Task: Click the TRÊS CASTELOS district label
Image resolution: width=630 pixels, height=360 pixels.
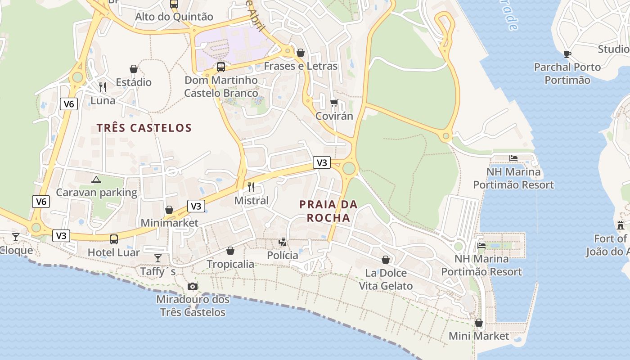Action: coord(144,128)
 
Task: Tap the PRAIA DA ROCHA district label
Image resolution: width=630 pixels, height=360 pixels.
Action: coord(328,211)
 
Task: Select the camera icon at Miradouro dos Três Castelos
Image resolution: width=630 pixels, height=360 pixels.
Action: coord(192,286)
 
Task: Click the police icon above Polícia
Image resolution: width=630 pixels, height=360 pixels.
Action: coord(283,242)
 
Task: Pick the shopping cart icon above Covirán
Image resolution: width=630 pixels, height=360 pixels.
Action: coord(334,103)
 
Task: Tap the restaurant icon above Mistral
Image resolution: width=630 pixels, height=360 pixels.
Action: coord(251,187)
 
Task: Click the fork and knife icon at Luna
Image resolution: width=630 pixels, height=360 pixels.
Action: coord(103,87)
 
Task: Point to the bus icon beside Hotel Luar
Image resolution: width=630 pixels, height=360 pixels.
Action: coord(114,239)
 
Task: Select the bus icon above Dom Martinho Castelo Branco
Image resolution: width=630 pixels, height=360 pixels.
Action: coord(220,67)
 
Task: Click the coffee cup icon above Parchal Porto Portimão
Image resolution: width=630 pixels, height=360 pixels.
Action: coord(567,54)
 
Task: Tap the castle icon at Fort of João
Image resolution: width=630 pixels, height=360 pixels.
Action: coord(621,225)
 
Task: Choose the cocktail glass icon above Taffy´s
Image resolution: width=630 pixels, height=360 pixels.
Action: coord(158,258)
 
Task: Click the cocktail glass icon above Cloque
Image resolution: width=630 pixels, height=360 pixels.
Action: coord(16,237)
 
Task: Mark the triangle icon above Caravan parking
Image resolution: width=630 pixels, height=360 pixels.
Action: coord(96,180)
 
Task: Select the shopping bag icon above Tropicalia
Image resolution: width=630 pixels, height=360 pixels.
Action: coord(230,251)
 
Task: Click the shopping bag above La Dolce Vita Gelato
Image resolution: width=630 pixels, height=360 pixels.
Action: coord(386,260)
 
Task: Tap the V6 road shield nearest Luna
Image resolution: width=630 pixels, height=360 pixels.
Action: coord(68,104)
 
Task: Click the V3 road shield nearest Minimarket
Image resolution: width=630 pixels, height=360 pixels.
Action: coord(196,206)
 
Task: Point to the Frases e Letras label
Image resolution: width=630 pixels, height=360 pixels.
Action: coord(300,66)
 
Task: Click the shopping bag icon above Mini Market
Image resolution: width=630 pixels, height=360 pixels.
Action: coord(479,323)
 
